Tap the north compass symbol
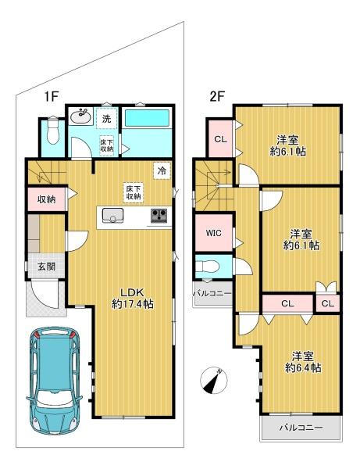[214, 381]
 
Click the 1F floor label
[51, 97]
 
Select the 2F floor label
[217, 96]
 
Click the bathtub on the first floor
[147, 118]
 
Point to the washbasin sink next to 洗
[80, 116]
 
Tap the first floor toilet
[53, 131]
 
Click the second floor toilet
[208, 265]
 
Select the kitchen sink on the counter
[112, 216]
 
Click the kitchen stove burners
[159, 216]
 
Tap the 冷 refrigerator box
[162, 170]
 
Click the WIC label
[214, 232]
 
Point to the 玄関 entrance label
[46, 266]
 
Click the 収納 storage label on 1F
[46, 199]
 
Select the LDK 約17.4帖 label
[133, 299]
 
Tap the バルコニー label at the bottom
[301, 428]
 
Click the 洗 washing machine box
[106, 118]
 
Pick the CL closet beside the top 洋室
[220, 139]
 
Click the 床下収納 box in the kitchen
[134, 192]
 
